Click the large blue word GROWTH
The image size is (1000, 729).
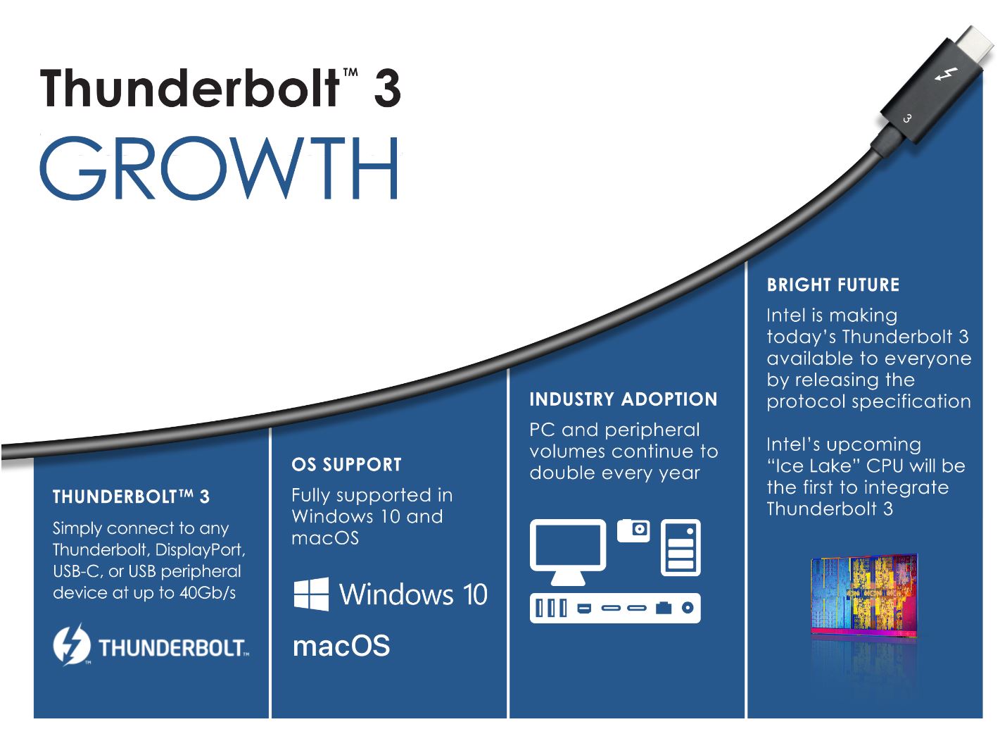click(x=219, y=168)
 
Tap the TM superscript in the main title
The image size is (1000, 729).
click(x=350, y=73)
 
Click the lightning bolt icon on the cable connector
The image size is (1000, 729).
click(x=946, y=74)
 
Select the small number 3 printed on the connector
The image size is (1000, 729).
click(x=906, y=118)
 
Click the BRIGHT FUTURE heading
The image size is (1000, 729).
click(x=833, y=285)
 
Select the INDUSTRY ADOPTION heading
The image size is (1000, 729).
click(x=624, y=399)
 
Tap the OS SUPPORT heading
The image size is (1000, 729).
click(x=346, y=465)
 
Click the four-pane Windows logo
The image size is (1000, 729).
click(x=311, y=594)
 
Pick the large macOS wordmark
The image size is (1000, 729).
click(x=341, y=646)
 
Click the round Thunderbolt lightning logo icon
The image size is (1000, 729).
click(x=72, y=645)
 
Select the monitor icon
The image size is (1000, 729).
click(x=568, y=552)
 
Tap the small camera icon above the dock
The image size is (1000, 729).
click(x=633, y=530)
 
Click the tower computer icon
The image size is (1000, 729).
click(x=681, y=548)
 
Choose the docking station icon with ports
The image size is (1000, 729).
click(x=615, y=608)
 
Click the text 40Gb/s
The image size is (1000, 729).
click(x=208, y=593)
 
